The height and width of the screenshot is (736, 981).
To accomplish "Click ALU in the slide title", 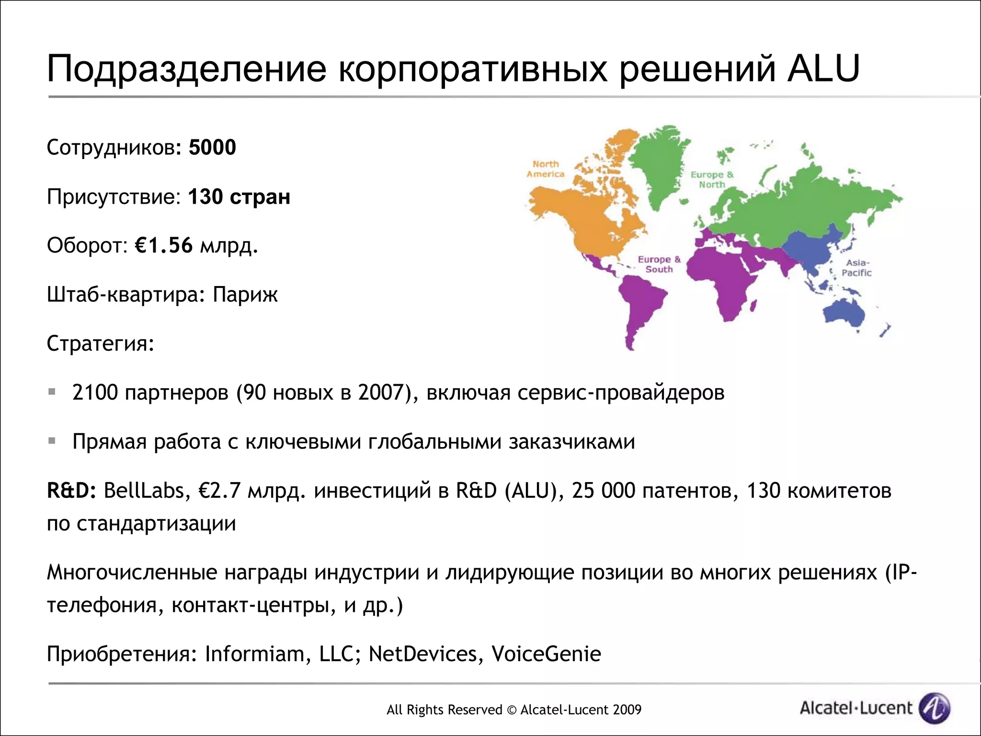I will (823, 69).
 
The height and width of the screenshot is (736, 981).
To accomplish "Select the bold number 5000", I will (212, 147).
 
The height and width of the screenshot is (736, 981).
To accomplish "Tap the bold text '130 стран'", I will (239, 196).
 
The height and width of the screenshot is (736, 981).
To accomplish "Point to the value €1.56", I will (164, 245).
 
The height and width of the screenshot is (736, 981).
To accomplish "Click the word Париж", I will (245, 294).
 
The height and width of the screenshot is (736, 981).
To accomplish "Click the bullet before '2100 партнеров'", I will (52, 391).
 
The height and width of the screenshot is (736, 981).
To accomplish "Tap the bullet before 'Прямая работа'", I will (52, 440).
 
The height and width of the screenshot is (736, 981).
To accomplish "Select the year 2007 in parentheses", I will (381, 392).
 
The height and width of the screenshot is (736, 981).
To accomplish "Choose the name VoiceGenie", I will (546, 654).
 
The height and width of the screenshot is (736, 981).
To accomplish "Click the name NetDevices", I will (422, 654).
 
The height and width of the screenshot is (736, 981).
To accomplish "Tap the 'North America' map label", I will (546, 169).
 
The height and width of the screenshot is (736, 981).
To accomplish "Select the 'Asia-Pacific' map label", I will (856, 268).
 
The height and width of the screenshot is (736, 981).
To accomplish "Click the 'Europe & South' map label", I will (659, 264).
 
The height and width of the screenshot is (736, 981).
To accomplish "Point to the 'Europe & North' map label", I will (712, 180).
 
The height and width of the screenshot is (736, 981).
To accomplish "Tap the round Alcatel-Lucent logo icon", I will (935, 708).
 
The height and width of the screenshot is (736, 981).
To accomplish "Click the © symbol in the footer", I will (511, 710).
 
